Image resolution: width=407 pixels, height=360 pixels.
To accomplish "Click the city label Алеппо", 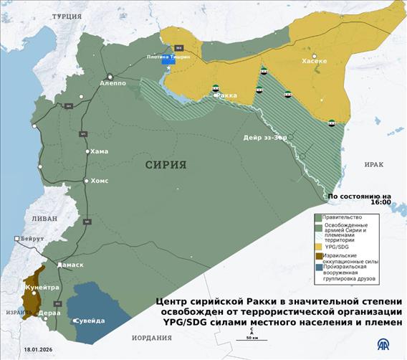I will coord(113,84).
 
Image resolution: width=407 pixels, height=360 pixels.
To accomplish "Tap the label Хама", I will coord(98,151).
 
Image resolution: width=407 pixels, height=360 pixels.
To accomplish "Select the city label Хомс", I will coord(99,181).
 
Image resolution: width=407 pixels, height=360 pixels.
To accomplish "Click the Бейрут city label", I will coord(32,238).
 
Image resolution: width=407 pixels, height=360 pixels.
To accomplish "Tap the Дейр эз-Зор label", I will coord(265,138).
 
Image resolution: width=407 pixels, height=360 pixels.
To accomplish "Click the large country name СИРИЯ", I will coord(166,164).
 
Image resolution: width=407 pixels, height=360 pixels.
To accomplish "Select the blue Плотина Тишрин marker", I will coord(169,60).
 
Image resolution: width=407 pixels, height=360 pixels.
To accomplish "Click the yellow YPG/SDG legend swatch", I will coord(318,247).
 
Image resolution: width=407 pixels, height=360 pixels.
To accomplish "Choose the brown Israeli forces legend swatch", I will coord(318,256).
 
